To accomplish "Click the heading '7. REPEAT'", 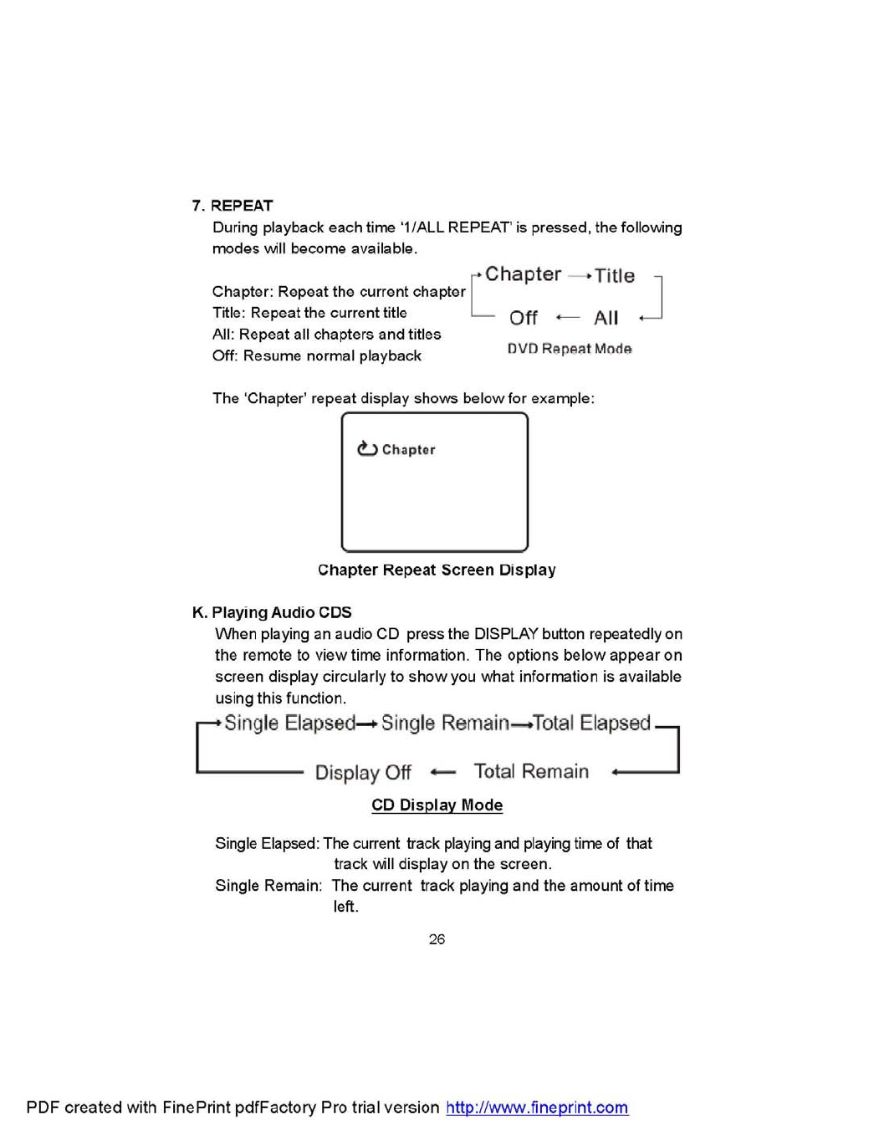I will (233, 206).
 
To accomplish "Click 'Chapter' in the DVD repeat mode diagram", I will (523, 274).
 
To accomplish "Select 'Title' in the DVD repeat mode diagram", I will (615, 276).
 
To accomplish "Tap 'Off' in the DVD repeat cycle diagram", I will (524, 318).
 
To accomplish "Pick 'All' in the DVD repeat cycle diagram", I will (606, 318).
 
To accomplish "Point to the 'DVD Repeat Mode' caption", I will (570, 349).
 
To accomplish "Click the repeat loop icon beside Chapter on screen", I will (367, 449).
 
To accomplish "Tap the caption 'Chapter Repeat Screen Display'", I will (437, 570).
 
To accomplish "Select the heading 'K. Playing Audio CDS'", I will (272, 612).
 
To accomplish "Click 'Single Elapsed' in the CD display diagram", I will (289, 723).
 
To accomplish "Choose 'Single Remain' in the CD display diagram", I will (445, 723).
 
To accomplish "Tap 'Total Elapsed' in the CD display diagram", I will (592, 723).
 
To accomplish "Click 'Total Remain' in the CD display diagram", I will (531, 771).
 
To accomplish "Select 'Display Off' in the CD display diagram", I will (363, 772).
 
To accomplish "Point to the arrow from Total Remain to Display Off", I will (443, 772).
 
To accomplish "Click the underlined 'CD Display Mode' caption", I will (437, 805).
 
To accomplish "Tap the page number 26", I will (437, 939).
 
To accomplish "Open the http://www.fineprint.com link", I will (537, 1107).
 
